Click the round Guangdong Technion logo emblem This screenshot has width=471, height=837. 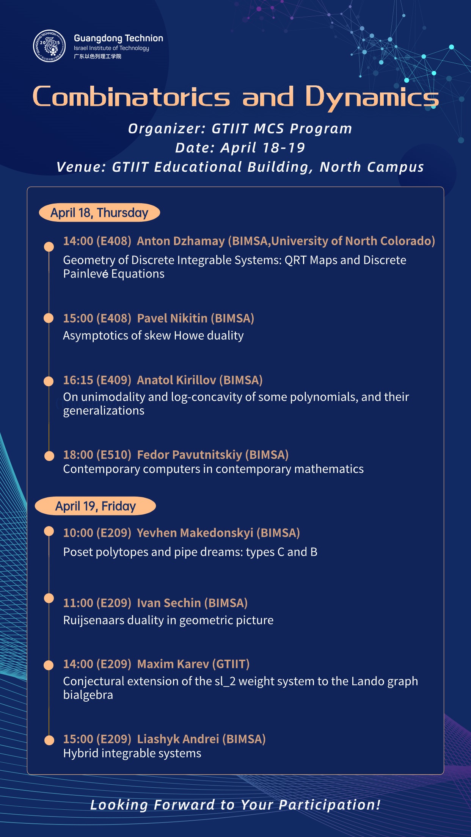(x=49, y=46)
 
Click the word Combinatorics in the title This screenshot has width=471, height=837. (x=131, y=97)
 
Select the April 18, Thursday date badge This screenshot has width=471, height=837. (x=99, y=213)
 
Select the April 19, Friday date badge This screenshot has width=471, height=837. (x=96, y=506)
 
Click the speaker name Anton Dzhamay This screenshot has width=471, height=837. (x=181, y=241)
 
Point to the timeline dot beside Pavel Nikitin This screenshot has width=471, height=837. (x=49, y=318)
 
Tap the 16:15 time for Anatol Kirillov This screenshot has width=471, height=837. (x=78, y=380)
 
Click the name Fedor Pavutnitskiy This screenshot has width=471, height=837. (x=189, y=455)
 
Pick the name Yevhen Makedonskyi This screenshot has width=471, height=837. (x=195, y=533)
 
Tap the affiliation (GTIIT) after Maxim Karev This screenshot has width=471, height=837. (x=231, y=664)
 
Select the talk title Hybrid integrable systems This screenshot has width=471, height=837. (x=132, y=753)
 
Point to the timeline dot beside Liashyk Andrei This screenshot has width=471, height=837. (x=49, y=740)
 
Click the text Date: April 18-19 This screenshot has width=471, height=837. (x=240, y=148)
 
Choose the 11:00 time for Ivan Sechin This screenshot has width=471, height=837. (x=78, y=603)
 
